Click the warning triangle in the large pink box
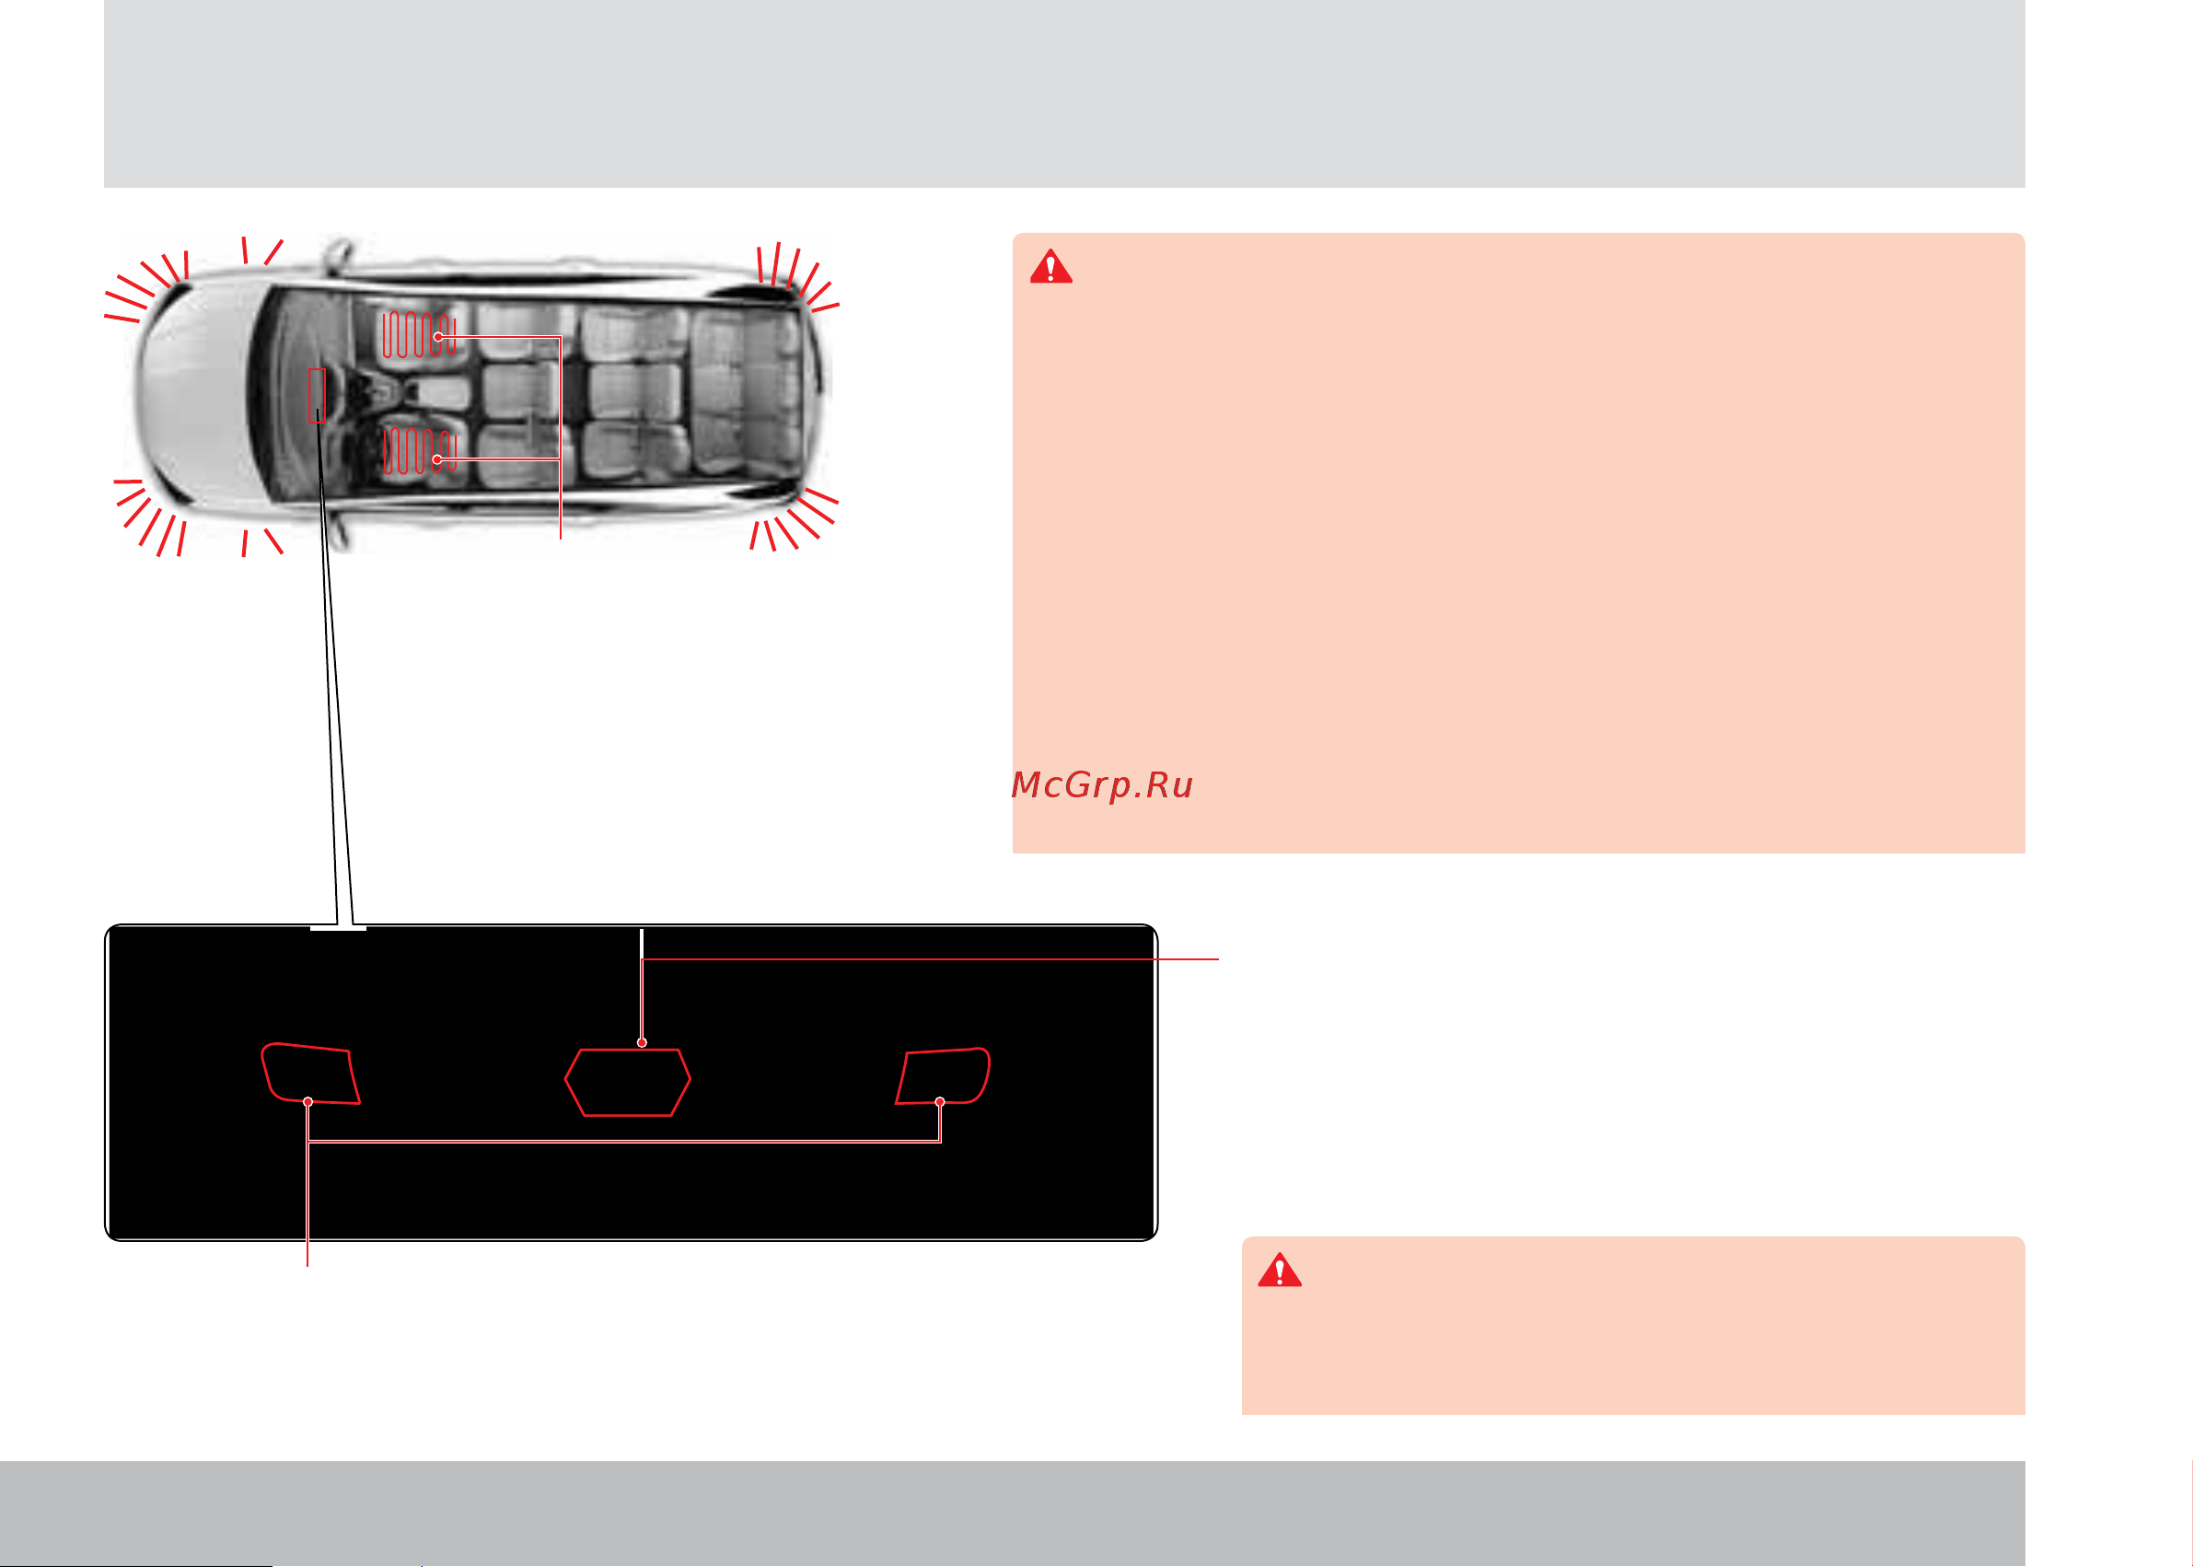[1050, 266]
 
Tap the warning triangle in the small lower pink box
[1280, 1270]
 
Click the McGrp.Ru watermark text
[1102, 785]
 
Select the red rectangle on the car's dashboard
[317, 396]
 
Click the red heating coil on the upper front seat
[419, 334]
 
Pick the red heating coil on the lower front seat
[419, 450]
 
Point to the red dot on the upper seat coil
[438, 337]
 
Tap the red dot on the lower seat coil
[437, 459]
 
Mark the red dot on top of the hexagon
[642, 1043]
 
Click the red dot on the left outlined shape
[307, 1102]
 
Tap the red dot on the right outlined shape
[940, 1102]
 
